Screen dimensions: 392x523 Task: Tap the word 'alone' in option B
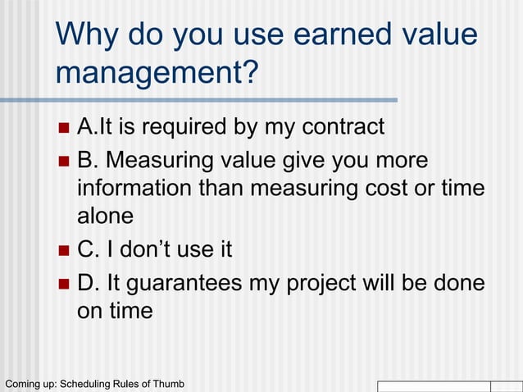point(105,217)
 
